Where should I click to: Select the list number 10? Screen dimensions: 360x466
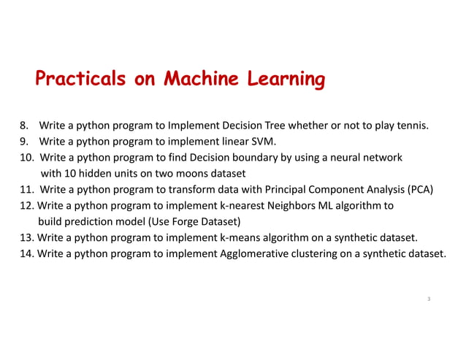coord(26,158)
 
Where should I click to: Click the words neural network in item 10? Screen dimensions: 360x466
coord(369,158)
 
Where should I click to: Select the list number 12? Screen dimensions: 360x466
coord(26,206)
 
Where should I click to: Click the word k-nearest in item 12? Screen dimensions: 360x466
coord(242,206)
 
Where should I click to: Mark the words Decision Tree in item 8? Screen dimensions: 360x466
coord(256,126)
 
